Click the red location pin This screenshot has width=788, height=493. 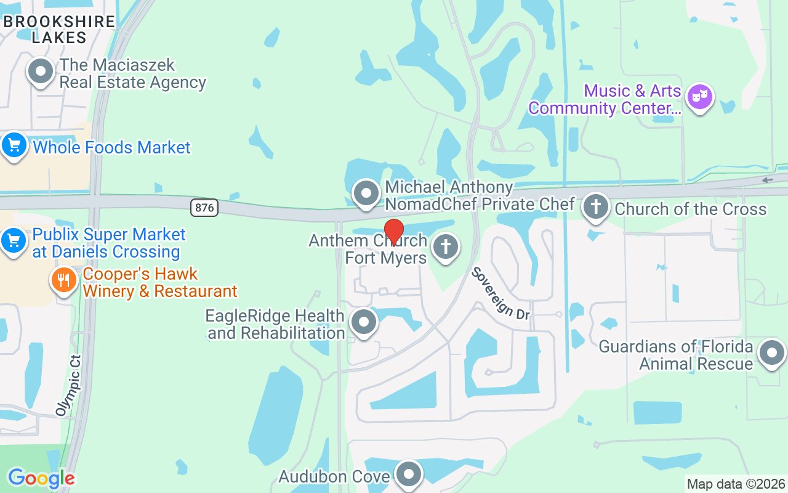pyautogui.click(x=393, y=232)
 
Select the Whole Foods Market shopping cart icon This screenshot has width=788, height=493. pyautogui.click(x=14, y=146)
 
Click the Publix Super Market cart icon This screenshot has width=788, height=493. pyautogui.click(x=14, y=239)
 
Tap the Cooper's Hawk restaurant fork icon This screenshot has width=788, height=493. pyautogui.click(x=63, y=280)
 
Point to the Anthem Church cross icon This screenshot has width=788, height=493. pyautogui.click(x=446, y=247)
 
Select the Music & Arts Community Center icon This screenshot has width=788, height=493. pyautogui.click(x=700, y=97)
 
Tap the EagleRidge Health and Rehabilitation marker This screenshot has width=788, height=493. pyautogui.click(x=363, y=322)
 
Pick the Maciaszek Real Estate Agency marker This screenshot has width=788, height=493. pyautogui.click(x=41, y=71)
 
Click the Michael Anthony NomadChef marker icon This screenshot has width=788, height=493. pyautogui.click(x=367, y=193)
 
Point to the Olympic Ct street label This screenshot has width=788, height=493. pyautogui.click(x=68, y=385)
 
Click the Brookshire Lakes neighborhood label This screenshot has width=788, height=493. pyautogui.click(x=59, y=29)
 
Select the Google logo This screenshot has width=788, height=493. pyautogui.click(x=41, y=478)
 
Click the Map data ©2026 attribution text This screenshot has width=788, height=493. pyautogui.click(x=736, y=484)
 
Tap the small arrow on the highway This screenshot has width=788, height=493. pyautogui.click(x=767, y=180)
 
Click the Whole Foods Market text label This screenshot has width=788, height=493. pyautogui.click(x=112, y=148)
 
